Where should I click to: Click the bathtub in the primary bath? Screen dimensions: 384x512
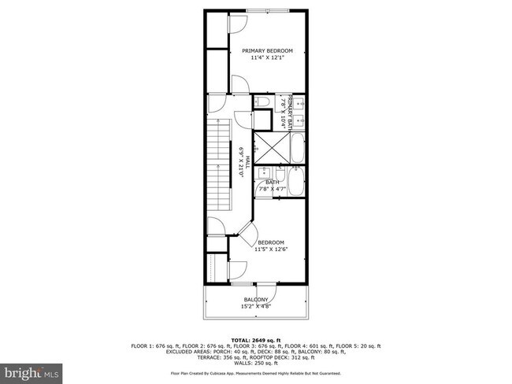(296, 149)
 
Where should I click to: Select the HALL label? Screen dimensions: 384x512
(247, 161)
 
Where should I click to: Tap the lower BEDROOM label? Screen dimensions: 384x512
(270, 242)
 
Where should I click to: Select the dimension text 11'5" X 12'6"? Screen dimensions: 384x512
(270, 249)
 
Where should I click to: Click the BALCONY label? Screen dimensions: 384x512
(255, 299)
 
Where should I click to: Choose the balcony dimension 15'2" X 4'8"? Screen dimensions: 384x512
(255, 306)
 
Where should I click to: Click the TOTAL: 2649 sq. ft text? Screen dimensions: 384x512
(255, 340)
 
